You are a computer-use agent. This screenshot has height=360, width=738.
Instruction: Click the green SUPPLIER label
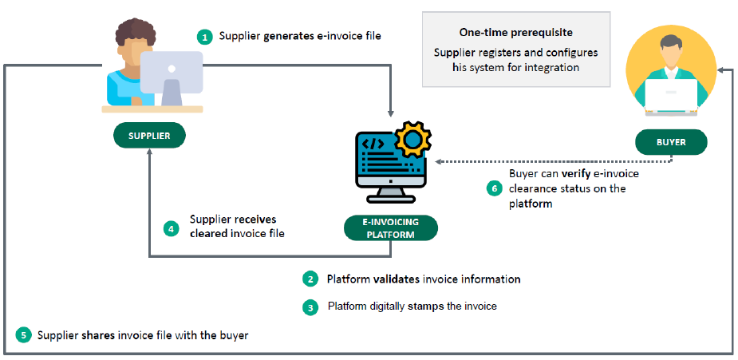coord(149,136)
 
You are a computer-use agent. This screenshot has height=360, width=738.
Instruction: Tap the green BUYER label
coord(671,143)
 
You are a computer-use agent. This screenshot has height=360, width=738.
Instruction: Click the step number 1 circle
coord(205,37)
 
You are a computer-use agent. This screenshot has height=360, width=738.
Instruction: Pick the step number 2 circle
coord(310,279)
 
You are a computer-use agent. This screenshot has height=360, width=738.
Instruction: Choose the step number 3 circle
coord(310,307)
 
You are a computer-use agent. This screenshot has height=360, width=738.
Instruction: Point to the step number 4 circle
coord(172,228)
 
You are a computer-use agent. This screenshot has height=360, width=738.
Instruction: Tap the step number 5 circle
coord(23,335)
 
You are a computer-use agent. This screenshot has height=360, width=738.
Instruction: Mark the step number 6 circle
coord(494,189)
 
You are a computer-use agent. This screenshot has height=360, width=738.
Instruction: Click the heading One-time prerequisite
coord(515,33)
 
